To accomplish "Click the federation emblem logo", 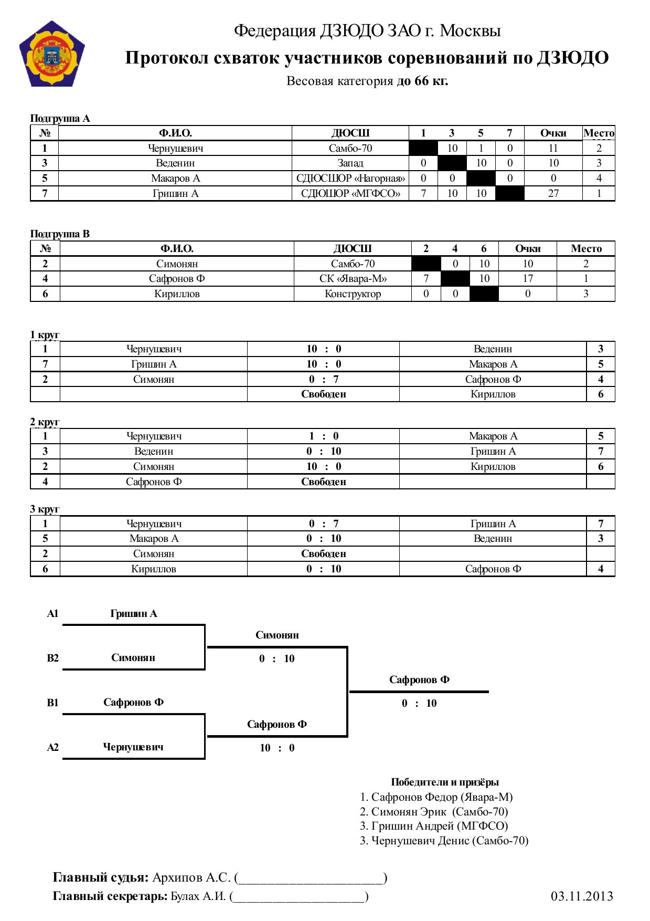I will click(x=52, y=54).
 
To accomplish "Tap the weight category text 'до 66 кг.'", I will click(x=422, y=81).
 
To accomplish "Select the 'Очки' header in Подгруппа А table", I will click(x=553, y=133).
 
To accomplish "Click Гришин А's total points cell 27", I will click(x=553, y=193).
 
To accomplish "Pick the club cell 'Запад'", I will click(x=350, y=163).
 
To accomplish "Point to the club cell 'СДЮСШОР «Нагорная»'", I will click(x=350, y=178).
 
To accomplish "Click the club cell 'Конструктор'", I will click(x=353, y=294).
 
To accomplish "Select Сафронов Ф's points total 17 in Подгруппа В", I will click(x=527, y=278).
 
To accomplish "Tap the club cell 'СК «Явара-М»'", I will click(x=353, y=278).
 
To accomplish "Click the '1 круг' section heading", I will click(x=45, y=334).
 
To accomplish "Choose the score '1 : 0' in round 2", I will click(x=323, y=436).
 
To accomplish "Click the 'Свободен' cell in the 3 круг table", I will click(x=323, y=553).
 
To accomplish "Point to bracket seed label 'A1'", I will click(x=52, y=613).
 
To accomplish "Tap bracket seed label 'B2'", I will click(x=52, y=658).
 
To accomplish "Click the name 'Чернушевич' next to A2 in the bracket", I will click(x=133, y=747).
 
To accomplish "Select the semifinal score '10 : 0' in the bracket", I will click(x=277, y=748).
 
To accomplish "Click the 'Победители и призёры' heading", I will click(x=444, y=782).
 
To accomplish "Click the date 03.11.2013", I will click(x=582, y=896).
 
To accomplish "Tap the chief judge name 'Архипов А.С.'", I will click(x=191, y=877).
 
